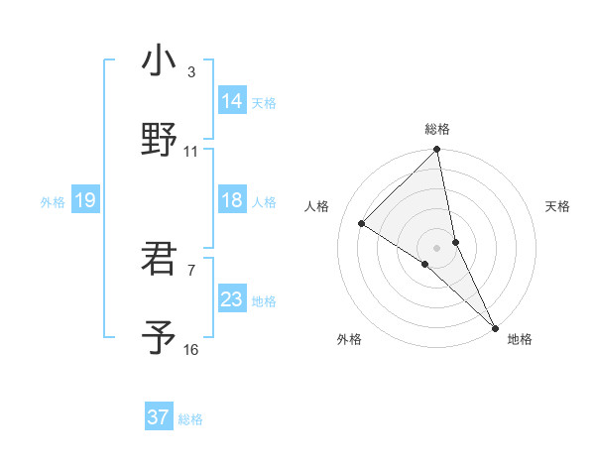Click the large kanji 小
tap(159, 61)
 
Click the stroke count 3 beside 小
tap(191, 72)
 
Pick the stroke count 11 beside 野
tap(191, 152)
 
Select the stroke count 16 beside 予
tap(191, 350)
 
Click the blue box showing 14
tap(232, 101)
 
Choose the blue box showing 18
tap(232, 200)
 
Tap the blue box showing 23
tap(232, 299)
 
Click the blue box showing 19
tap(85, 200)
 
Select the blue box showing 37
tap(159, 417)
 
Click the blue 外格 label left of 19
tap(53, 202)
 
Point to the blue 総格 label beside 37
tap(190, 419)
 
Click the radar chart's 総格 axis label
tap(437, 130)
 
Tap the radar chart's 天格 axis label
tap(558, 206)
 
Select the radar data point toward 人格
tap(362, 224)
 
